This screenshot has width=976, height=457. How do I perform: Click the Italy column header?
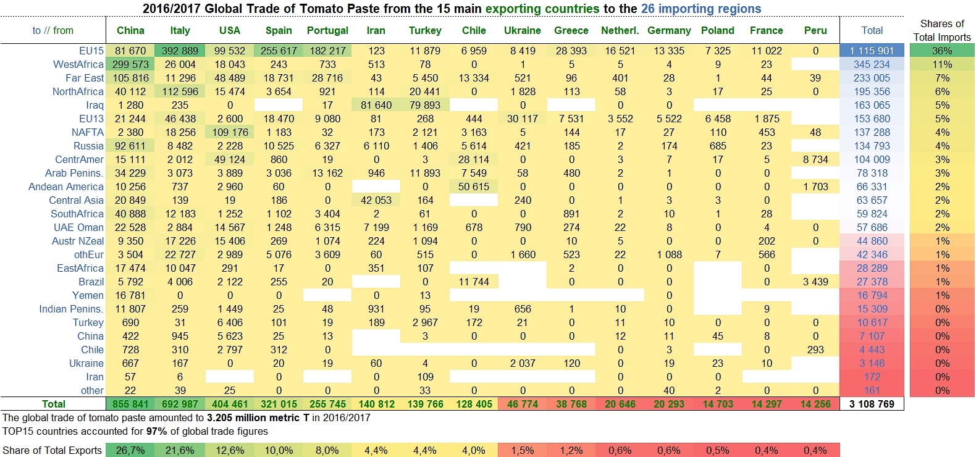pos(180,30)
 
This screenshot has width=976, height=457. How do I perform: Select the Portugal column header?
pos(327,30)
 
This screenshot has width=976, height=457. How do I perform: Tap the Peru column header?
pos(815,30)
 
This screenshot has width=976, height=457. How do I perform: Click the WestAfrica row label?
pos(78,64)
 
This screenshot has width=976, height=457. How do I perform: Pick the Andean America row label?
pos(66,187)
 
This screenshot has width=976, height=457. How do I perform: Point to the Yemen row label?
pos(88,295)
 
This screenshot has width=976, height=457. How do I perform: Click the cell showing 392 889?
pos(180,51)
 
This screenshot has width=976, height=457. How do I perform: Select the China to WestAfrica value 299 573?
pos(131,64)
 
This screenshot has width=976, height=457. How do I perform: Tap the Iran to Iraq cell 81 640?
pos(376,105)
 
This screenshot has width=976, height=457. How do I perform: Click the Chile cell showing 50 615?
pos(474,187)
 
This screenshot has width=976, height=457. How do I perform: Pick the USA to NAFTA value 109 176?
pos(230,132)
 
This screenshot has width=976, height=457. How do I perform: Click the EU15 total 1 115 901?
pos(872,51)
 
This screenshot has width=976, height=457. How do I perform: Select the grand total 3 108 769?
pos(872,404)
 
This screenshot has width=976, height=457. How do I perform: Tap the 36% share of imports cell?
pos(942,51)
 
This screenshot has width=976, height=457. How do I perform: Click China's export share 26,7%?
pos(130,450)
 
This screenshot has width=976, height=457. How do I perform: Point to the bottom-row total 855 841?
pos(131,404)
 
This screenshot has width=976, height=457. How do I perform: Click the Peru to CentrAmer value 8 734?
pos(815,159)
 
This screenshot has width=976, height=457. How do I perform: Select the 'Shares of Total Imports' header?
pos(942,30)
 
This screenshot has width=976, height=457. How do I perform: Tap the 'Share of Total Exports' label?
pos(53,450)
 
